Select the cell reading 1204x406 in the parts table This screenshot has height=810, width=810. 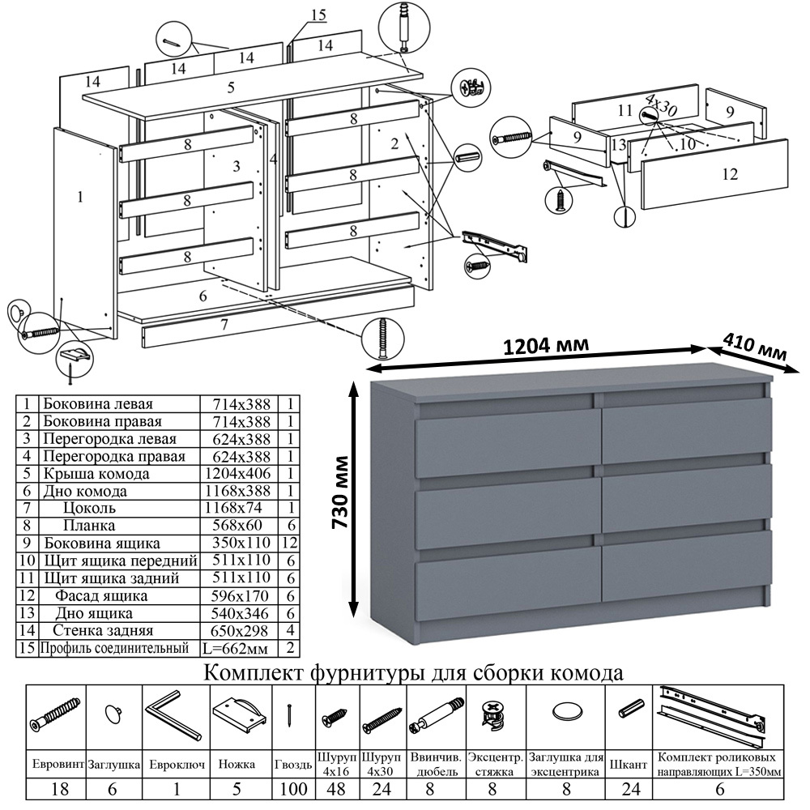(x=238, y=473)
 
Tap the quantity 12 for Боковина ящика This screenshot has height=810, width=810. (x=290, y=544)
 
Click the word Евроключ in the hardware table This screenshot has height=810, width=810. (x=176, y=764)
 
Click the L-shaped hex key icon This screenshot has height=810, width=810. (x=173, y=713)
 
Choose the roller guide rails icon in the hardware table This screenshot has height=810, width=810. (x=713, y=716)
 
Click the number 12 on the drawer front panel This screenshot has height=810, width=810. (x=728, y=173)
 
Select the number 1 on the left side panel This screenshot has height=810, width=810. (x=79, y=196)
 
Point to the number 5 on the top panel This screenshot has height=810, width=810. (x=231, y=87)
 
